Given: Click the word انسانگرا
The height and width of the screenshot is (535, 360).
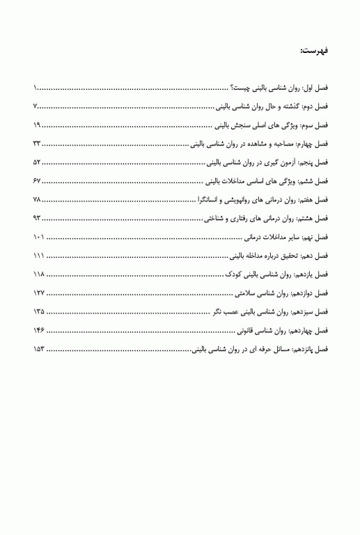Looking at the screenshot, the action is (210, 199).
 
